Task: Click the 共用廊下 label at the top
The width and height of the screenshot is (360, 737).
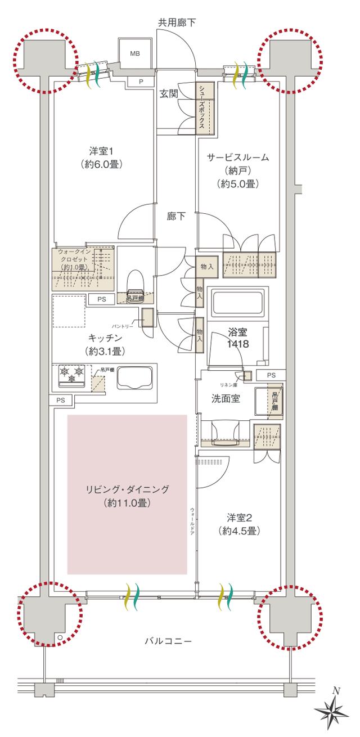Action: (177, 23)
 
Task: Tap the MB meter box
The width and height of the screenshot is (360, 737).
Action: (135, 53)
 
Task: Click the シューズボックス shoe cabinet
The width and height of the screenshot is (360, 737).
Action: (201, 106)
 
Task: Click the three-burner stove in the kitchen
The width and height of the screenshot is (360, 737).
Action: (71, 375)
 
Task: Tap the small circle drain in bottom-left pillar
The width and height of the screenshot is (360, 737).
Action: (60, 637)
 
